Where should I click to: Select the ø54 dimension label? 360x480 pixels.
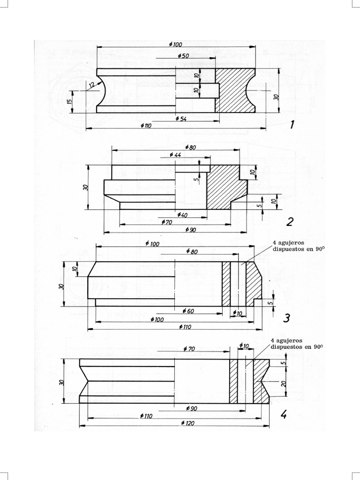(x=180, y=119)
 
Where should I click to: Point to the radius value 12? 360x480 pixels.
(x=90, y=84)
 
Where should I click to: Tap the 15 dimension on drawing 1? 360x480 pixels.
(x=69, y=101)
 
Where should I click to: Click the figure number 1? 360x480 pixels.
(x=292, y=125)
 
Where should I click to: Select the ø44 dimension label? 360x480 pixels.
(x=175, y=155)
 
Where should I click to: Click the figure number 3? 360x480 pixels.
(x=287, y=319)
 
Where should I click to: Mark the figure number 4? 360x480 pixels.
(x=283, y=414)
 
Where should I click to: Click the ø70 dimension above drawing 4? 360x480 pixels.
(x=190, y=349)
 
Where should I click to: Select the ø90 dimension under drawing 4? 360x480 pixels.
(x=191, y=408)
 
